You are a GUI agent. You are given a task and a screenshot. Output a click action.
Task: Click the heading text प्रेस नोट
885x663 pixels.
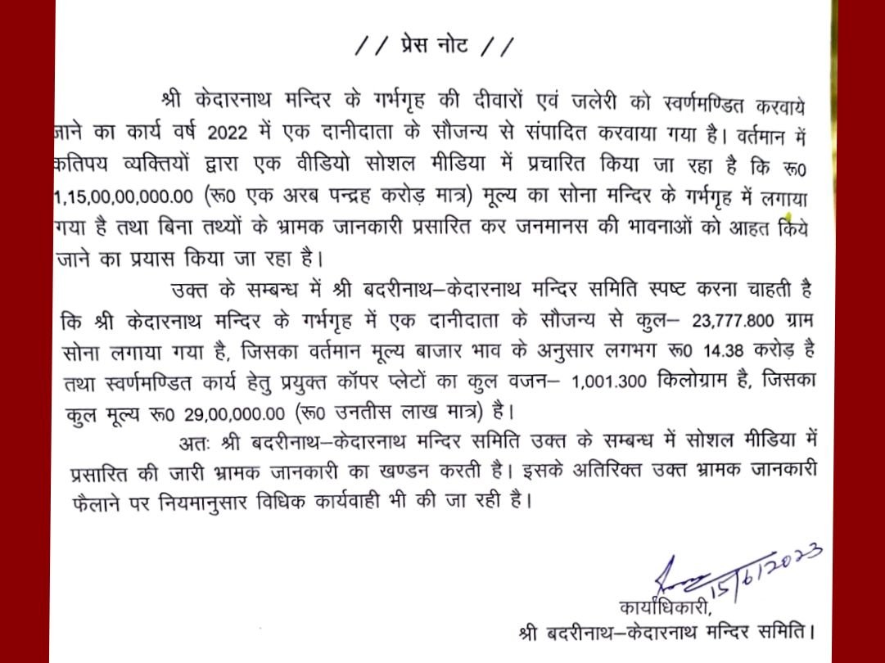436,47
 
